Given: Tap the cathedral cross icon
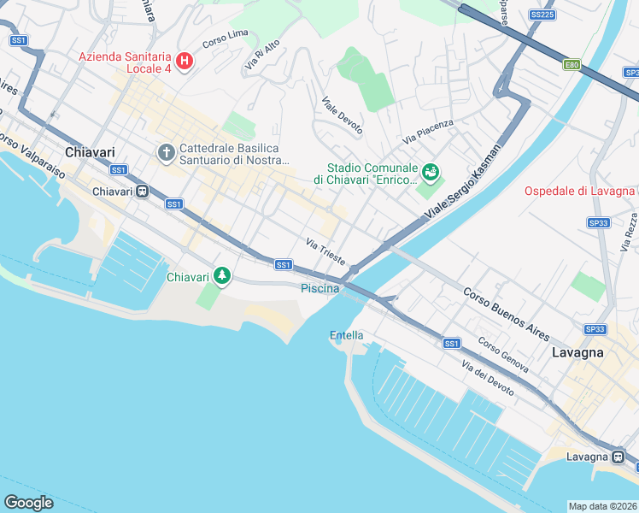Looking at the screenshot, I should (166, 153).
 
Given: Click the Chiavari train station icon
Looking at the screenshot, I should (144, 191).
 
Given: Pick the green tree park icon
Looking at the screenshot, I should (222, 276).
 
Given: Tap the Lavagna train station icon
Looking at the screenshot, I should (618, 457).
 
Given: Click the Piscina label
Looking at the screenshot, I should (320, 289).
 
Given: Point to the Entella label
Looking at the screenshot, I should (346, 335).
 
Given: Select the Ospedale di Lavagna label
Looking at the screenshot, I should (580, 190).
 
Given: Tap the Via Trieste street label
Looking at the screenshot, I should (325, 250).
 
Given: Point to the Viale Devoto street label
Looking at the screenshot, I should (343, 115).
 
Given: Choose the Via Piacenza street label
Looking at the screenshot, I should (428, 131).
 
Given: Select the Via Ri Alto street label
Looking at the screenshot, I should (262, 54).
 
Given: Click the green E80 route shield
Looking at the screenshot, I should (572, 64).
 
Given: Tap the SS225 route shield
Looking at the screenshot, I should (541, 15).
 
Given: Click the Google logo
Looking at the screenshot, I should (28, 502).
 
